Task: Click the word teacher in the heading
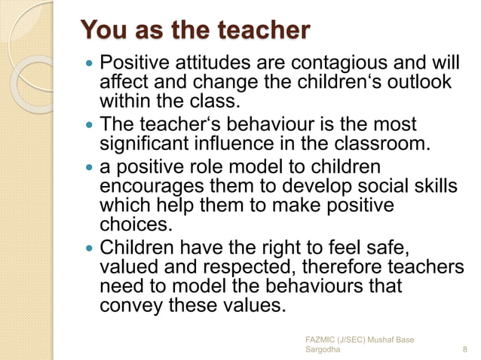point(263,31)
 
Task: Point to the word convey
point(129,307)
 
